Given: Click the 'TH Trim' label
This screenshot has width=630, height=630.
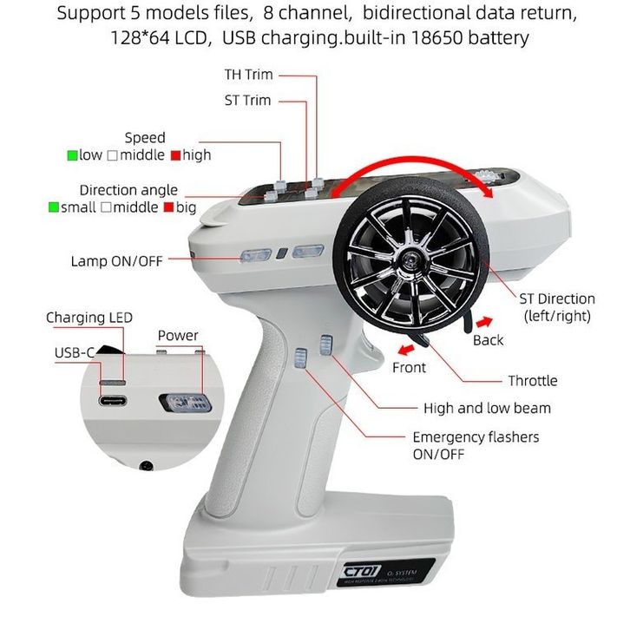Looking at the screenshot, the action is click(248, 75).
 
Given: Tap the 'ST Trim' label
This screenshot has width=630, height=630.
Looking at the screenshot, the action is click(247, 101).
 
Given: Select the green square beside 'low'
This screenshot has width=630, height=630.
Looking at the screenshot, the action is click(72, 155).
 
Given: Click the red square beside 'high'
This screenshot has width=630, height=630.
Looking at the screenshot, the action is click(174, 155).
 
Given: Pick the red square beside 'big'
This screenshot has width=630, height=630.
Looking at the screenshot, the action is click(168, 208).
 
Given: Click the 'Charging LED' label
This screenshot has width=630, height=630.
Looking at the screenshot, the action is click(89, 318).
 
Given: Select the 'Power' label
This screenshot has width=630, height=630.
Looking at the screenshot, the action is click(177, 336).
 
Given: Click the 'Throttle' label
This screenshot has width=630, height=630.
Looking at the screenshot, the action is click(532, 381).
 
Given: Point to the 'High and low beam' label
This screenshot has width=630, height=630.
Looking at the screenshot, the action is click(487, 408).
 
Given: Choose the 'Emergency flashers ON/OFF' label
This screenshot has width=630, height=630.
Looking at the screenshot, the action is click(475, 445).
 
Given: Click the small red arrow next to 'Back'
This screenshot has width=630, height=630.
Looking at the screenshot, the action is click(489, 321).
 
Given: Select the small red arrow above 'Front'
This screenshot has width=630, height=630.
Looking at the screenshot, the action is click(404, 350).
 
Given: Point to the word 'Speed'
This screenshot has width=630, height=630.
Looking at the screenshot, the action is click(144, 138).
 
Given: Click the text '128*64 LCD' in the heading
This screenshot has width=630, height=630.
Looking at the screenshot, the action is click(158, 39).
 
